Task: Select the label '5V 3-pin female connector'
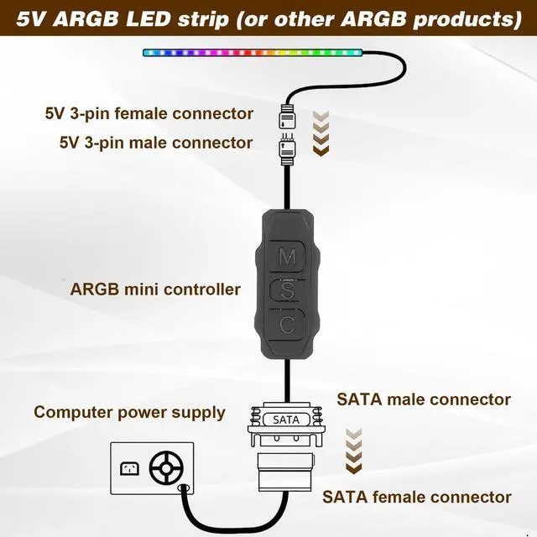point(149,113)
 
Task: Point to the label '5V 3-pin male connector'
point(156,143)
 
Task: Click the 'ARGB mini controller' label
point(155,289)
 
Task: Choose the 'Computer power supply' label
point(129,412)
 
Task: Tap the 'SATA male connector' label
point(424,399)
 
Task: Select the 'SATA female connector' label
point(417,497)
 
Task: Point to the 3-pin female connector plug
point(287,113)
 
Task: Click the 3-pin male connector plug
point(287,149)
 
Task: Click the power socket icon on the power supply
point(129,467)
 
